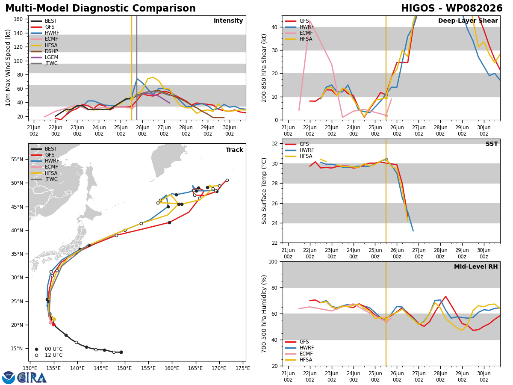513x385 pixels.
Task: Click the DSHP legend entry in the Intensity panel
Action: tap(44, 51)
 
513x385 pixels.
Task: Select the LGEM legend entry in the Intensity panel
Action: tap(44, 57)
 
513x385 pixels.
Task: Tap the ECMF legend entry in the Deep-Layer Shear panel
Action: tap(299, 33)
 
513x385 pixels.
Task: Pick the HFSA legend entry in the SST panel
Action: tap(299, 156)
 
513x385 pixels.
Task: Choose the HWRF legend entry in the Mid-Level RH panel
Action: tap(299, 348)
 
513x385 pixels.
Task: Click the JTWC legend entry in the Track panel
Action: tap(44, 179)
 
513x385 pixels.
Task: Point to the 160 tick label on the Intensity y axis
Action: tap(18, 19)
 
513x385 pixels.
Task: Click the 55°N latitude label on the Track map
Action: tap(17, 160)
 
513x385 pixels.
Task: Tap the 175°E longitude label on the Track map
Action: tap(243, 368)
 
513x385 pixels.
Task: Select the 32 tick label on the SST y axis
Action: tap(275, 144)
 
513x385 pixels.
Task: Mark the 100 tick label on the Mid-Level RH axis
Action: tap(273, 261)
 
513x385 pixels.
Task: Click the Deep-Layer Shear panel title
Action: tap(468, 21)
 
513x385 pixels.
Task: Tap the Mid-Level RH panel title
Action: tap(476, 267)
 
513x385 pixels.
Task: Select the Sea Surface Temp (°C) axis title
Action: tap(264, 191)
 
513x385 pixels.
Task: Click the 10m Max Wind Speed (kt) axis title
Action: tap(8, 68)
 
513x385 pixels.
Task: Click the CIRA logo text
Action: tap(32, 378)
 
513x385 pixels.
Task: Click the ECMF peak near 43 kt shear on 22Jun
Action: tap(310, 21)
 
